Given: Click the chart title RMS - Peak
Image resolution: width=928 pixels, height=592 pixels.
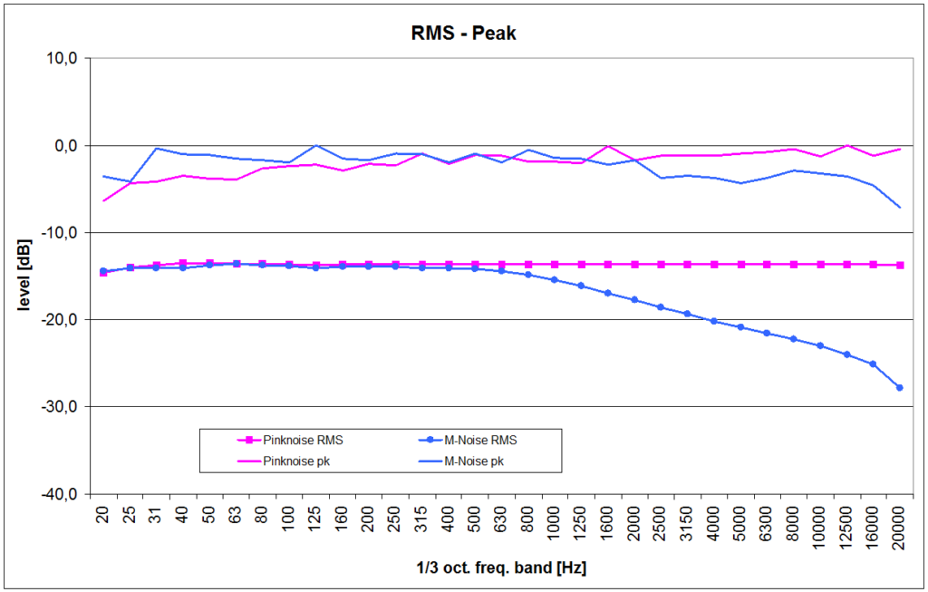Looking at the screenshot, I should pos(463,34).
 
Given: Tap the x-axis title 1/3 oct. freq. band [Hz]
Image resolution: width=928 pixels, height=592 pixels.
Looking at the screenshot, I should pos(501,568).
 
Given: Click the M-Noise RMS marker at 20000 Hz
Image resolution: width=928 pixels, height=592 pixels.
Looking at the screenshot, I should pos(899,387).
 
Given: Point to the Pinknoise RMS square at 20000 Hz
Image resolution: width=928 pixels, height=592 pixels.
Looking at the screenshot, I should pos(899,265).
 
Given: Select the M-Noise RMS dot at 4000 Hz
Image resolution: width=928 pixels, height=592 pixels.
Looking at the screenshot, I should pos(713,321).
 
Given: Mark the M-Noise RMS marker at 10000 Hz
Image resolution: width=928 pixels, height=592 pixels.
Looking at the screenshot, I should pos(819,345).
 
